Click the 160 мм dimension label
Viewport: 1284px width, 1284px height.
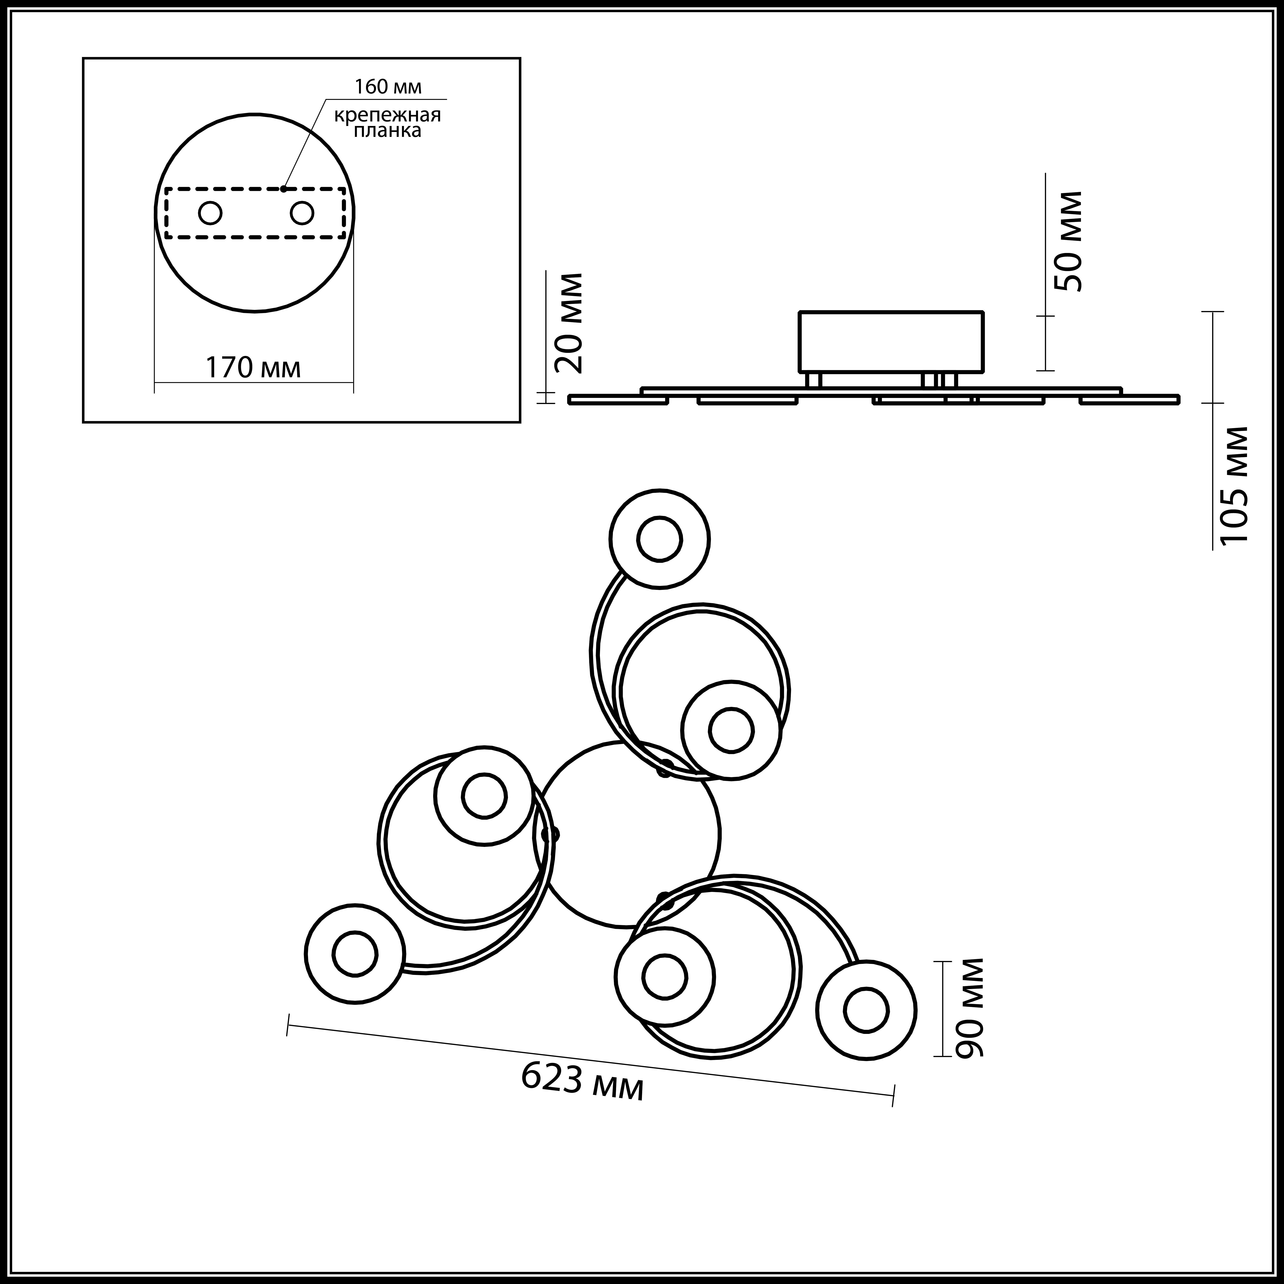point(388,87)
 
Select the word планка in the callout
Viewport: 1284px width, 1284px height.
point(387,131)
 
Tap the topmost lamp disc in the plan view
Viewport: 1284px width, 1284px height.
point(659,539)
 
